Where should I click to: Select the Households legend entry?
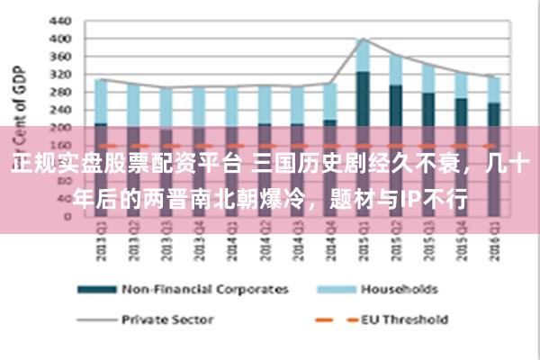pyautogui.click(x=399, y=290)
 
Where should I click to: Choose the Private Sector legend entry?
pyautogui.click(x=166, y=319)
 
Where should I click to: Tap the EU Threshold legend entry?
pyautogui.click(x=404, y=319)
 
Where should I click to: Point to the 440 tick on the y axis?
pyautogui.click(x=61, y=20)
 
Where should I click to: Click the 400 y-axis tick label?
pyautogui.click(x=61, y=38)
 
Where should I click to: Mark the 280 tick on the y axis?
pyautogui.click(x=61, y=93)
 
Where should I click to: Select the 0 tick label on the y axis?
pyautogui.click(x=68, y=217)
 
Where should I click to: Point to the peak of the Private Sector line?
pyautogui.click(x=363, y=39)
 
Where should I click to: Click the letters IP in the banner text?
pyautogui.click(x=410, y=197)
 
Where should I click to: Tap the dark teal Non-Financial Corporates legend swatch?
pyautogui.click(x=96, y=290)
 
